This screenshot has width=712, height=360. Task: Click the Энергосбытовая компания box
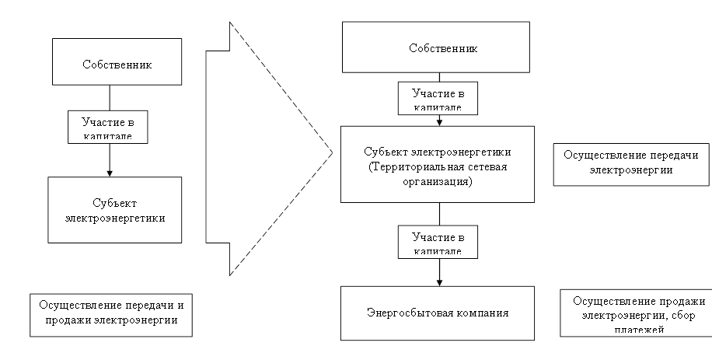point(438,313)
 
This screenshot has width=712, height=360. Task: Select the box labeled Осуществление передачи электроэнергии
point(630,163)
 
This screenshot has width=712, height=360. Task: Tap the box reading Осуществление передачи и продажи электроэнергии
point(110,315)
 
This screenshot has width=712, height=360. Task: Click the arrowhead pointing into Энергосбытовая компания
point(439,281)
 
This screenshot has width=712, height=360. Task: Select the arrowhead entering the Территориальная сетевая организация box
point(439,121)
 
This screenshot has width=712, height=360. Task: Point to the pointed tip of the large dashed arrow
point(329,148)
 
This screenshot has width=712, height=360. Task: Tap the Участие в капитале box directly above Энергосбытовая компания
point(438,241)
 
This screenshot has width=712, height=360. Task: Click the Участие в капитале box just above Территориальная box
point(438,98)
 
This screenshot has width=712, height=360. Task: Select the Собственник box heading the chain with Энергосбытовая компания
point(442,47)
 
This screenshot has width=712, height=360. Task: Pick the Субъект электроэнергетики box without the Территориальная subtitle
point(114,209)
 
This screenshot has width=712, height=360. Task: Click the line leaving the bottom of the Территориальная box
point(439,214)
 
